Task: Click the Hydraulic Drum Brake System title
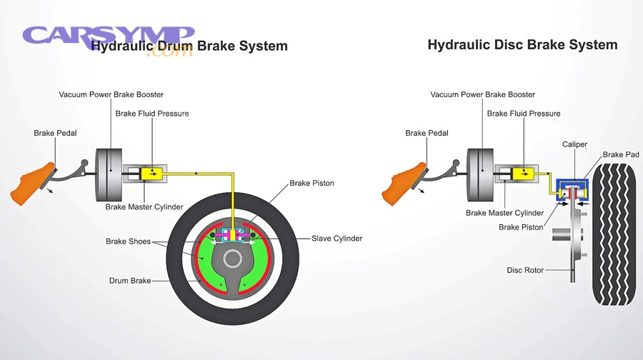pyautogui.click(x=189, y=46)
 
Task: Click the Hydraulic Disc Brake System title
pyautogui.click(x=522, y=44)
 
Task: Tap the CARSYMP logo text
pyautogui.click(x=107, y=35)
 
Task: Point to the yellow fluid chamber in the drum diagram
pyautogui.click(x=153, y=173)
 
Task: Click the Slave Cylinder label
pyautogui.click(x=337, y=238)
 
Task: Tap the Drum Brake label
pyautogui.click(x=129, y=281)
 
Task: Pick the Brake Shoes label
pyautogui.click(x=128, y=241)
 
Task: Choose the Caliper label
pyautogui.click(x=574, y=144)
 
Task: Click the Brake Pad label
pyautogui.click(x=621, y=154)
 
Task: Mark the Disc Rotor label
pyautogui.click(x=525, y=270)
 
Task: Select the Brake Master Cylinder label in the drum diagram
pyautogui.click(x=144, y=207)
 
